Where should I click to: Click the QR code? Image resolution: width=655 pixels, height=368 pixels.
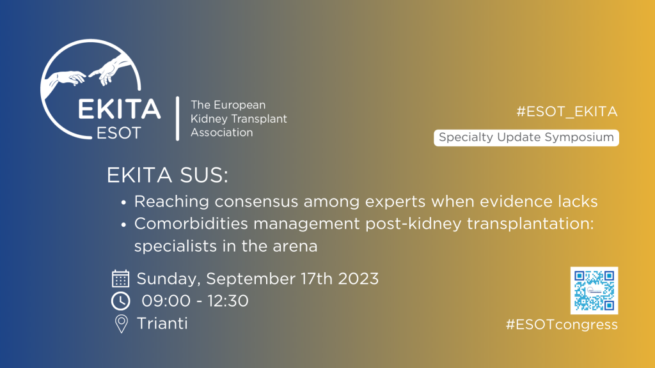point(594,291)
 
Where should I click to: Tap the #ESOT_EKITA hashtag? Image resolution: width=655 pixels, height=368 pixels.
point(567,112)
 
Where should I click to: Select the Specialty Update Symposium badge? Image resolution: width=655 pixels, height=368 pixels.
point(526,138)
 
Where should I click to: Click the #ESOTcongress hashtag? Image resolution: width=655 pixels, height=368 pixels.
point(562,325)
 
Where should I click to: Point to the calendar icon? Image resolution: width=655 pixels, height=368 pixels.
point(120,279)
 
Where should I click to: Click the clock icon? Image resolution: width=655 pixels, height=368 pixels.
point(121,302)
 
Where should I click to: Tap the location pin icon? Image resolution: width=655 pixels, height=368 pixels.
point(121,324)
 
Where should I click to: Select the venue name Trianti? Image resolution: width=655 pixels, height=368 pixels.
point(162,323)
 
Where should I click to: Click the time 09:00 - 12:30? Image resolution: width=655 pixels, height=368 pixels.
point(195,301)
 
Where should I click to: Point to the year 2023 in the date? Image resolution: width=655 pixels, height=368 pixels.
point(358,279)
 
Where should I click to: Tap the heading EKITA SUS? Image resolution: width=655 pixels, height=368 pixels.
point(168,175)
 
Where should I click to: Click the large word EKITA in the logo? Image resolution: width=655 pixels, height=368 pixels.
point(119,109)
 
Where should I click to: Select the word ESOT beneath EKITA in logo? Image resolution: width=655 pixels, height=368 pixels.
point(118,133)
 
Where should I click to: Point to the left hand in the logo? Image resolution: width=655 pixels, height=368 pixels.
point(65,79)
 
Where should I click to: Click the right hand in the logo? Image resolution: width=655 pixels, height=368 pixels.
point(110,69)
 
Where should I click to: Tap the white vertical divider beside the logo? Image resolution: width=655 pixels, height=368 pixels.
point(178,118)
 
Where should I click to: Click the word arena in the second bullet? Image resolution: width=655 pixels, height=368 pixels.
point(295,247)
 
